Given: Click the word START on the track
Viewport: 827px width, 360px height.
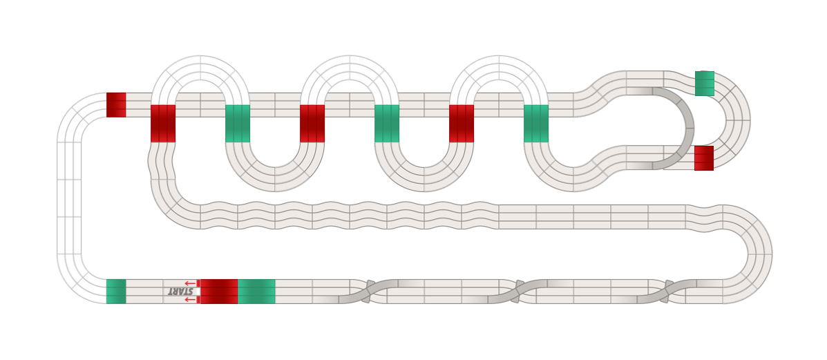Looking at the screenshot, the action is click(x=180, y=292).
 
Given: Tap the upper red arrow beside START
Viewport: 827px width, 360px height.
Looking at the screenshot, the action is click(x=191, y=283).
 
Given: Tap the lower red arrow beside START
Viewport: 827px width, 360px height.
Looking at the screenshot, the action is click(x=191, y=299).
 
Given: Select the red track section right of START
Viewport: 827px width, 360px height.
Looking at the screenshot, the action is click(x=219, y=292).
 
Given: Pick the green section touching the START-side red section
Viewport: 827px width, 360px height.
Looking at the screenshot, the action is click(x=256, y=292).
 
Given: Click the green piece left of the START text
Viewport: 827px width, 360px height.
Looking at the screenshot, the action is click(x=116, y=292).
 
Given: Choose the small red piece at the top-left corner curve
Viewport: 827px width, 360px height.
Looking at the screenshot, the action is click(x=116, y=104).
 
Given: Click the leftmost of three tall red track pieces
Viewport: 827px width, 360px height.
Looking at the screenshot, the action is click(x=163, y=124).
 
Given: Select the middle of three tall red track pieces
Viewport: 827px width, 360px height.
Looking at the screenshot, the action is click(x=312, y=124).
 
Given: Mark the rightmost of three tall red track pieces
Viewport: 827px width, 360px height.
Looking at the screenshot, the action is click(x=462, y=124).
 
